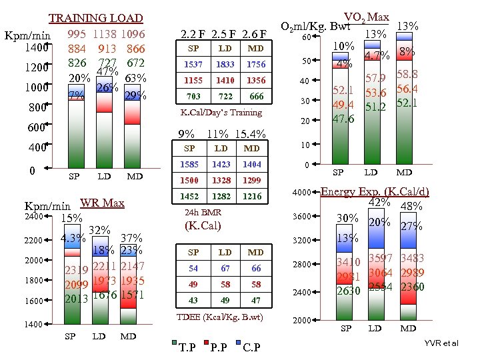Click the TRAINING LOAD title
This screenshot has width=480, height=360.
click(x=96, y=18)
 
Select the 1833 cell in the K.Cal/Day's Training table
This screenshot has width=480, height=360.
click(x=225, y=64)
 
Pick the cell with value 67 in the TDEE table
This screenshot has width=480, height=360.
click(x=225, y=268)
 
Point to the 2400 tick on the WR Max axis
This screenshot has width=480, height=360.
click(x=34, y=217)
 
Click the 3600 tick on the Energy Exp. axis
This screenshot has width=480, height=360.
click(x=302, y=217)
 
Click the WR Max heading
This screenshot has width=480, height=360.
click(x=102, y=203)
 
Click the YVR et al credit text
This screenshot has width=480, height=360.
click(x=441, y=343)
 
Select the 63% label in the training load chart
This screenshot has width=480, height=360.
click(x=135, y=78)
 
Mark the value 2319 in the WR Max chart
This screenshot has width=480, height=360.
click(x=77, y=271)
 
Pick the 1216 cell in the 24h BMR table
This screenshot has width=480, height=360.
click(x=252, y=196)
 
